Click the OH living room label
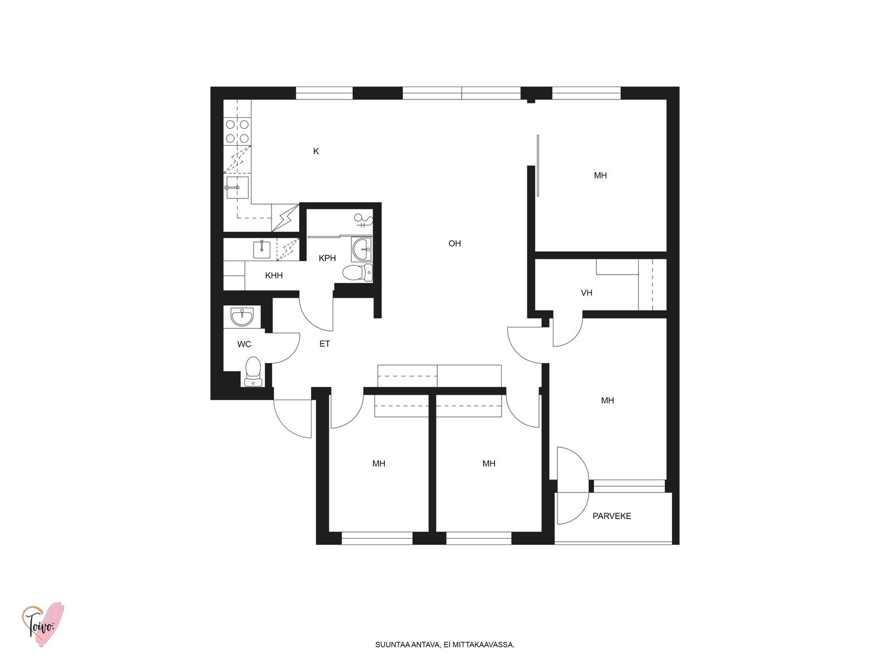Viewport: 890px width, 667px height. [x=454, y=243]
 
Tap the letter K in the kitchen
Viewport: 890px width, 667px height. [x=316, y=151]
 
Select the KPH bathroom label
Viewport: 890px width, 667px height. [x=327, y=258]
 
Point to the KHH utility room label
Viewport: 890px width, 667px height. [x=274, y=275]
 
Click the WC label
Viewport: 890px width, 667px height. [x=244, y=344]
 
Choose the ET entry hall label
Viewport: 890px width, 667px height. [x=325, y=344]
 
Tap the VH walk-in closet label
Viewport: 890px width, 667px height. [x=586, y=292]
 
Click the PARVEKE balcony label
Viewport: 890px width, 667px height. [x=612, y=516]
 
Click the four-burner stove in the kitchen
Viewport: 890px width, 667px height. [x=237, y=132]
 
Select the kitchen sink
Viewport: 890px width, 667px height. [x=237, y=187]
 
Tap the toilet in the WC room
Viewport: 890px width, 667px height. [x=253, y=371]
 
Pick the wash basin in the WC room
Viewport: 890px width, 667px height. [x=242, y=317]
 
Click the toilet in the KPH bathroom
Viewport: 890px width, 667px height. [x=357, y=272]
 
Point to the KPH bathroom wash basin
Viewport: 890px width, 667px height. [x=361, y=249]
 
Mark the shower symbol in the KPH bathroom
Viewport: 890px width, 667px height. [x=363, y=220]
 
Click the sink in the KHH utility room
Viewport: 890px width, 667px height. [x=262, y=249]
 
